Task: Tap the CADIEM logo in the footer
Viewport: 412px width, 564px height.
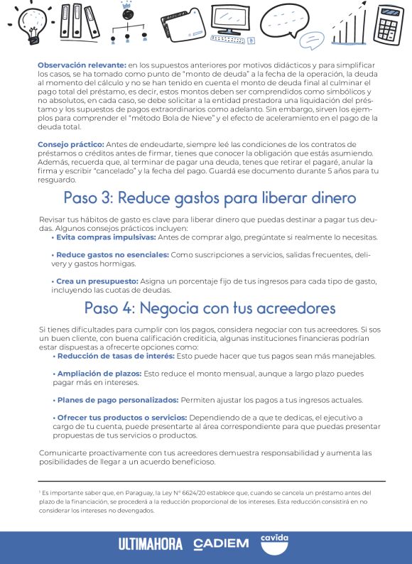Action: click(x=221, y=544)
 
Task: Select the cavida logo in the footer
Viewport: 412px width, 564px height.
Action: click(x=274, y=543)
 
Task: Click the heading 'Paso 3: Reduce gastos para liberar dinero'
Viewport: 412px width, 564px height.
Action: click(x=209, y=197)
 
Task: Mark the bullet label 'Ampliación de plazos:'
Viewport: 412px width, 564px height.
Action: click(x=98, y=373)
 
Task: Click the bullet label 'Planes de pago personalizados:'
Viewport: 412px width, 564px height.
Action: click(x=118, y=400)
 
